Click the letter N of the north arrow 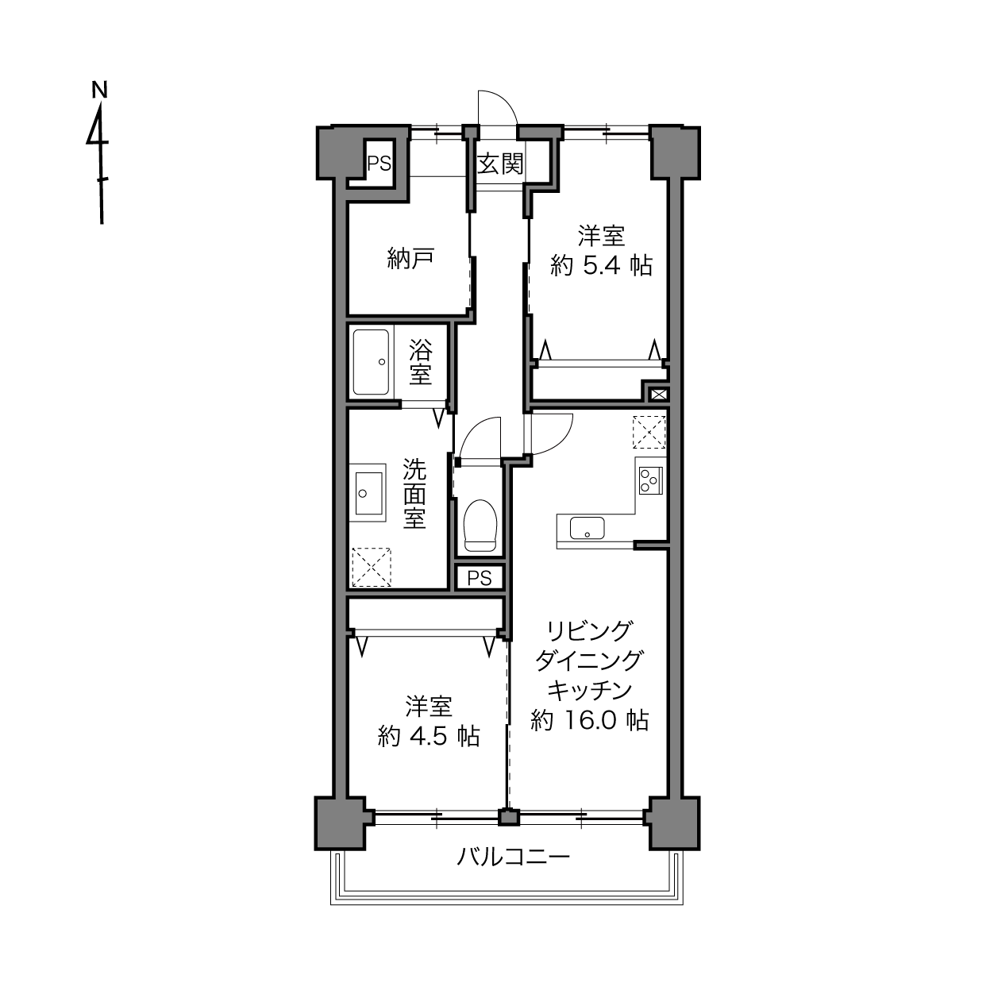(99, 90)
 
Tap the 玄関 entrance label (500, 164)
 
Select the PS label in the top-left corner (379, 164)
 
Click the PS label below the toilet (480, 578)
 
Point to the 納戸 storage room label (410, 259)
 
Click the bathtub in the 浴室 (371, 362)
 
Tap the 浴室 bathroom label (421, 362)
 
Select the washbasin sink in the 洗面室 (369, 493)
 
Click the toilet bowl (480, 526)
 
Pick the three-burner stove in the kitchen (650, 480)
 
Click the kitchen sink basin (587, 528)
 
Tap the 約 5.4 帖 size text (602, 266)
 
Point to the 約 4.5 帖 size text (429, 736)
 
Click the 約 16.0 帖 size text (590, 720)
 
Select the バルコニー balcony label (513, 857)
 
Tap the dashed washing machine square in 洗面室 (371, 567)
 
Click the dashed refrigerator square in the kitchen (649, 432)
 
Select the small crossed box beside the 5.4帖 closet (659, 395)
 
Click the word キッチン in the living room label (590, 690)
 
